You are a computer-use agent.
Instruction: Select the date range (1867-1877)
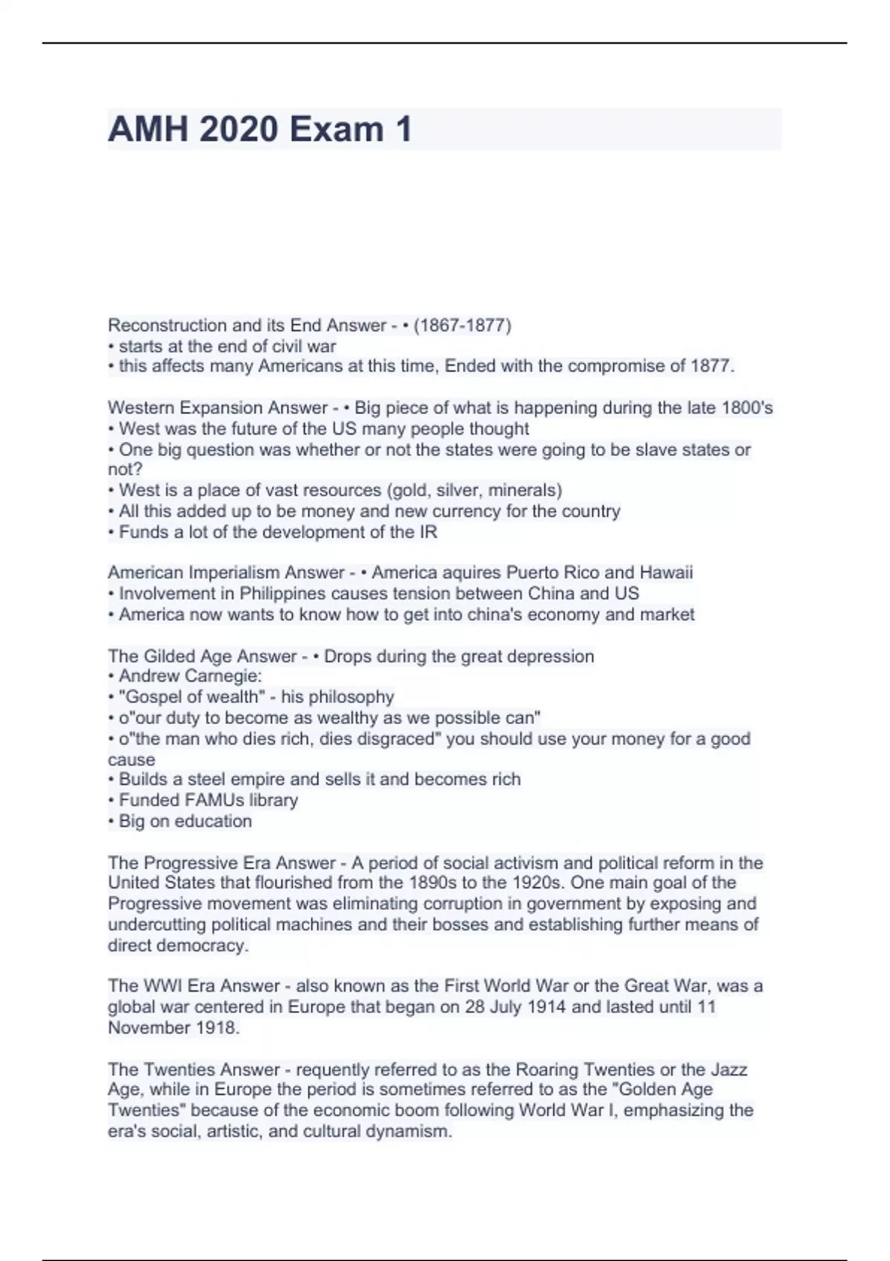tap(462, 325)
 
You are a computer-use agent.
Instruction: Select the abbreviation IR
tap(429, 532)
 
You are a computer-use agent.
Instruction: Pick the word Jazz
tap(728, 1070)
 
